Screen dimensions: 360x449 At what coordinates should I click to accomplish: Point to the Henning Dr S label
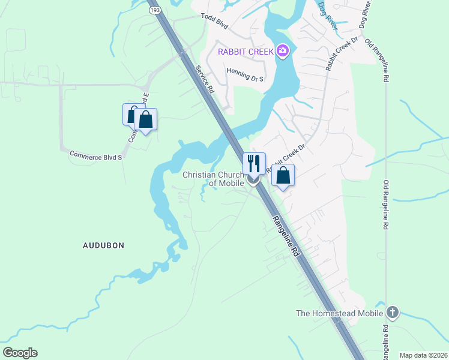point(245,71)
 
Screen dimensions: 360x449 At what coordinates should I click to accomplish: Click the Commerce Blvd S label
point(96,155)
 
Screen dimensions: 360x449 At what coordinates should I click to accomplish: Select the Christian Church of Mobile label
point(213,179)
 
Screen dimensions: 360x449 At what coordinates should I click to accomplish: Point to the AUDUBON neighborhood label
point(103,245)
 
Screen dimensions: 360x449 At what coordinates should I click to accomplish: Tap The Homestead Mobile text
point(340,313)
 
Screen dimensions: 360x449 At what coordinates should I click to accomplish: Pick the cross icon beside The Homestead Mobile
point(393,312)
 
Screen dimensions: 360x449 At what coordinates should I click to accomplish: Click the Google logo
point(20,353)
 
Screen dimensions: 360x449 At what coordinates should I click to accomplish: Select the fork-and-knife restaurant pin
point(254,163)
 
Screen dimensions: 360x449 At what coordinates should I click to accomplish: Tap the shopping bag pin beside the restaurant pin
point(283,176)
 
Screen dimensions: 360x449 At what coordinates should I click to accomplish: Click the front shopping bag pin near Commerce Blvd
point(145,119)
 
